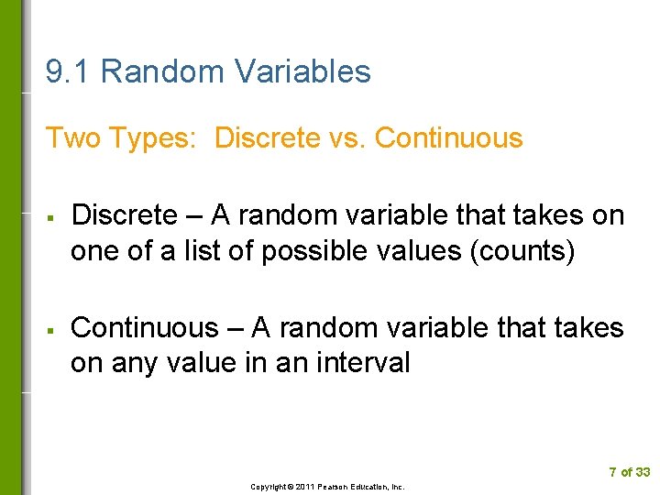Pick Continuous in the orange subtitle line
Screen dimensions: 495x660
click(x=449, y=138)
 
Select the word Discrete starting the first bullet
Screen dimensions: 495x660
click(x=124, y=216)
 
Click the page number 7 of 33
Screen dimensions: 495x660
click(x=629, y=472)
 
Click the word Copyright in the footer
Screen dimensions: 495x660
click(x=267, y=487)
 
